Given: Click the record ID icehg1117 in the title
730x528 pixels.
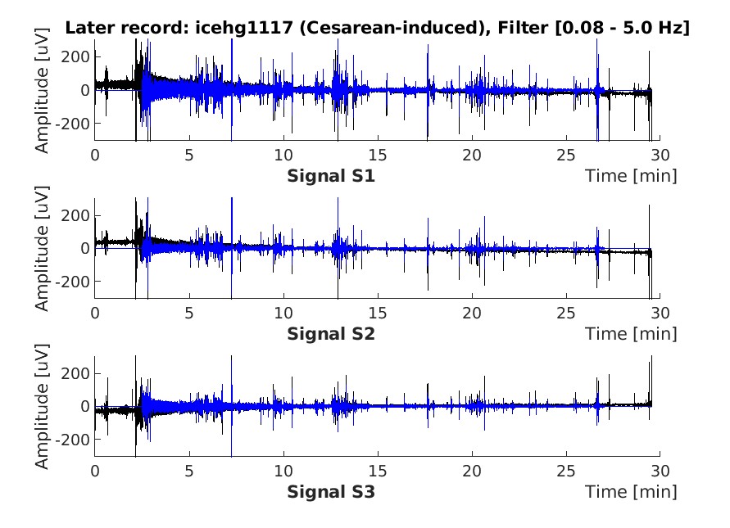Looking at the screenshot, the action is tap(244, 28).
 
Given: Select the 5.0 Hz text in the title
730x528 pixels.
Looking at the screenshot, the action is tap(649, 28).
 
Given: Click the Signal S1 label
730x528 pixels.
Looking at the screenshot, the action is tap(331, 176).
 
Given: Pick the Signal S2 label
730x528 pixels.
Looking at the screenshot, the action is tap(331, 333).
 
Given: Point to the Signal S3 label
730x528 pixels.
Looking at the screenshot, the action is tap(331, 492).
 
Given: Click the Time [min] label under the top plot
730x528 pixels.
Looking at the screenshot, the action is tap(631, 176).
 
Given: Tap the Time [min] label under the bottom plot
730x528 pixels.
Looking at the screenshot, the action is tap(631, 492).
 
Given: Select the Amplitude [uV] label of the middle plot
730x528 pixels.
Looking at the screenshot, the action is tap(42, 248).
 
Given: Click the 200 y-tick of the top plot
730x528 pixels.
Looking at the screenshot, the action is tap(75, 56).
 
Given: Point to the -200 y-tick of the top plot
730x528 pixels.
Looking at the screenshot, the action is tap(72, 124).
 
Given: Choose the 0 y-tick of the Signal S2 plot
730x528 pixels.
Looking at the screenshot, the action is tap(84, 248).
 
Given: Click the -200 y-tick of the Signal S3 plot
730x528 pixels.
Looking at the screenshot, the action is tap(72, 440).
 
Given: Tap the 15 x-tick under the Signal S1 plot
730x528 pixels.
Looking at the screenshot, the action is tap(378, 155).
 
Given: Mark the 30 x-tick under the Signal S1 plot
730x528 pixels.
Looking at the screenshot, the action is tap(660, 155).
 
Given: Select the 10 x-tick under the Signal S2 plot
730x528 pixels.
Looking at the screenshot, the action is tap(283, 313).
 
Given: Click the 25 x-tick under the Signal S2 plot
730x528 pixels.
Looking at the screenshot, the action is tap(566, 313).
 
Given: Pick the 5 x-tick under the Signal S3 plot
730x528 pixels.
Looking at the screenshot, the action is tap(189, 472).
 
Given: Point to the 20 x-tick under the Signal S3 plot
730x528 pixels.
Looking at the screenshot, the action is tap(472, 472).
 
